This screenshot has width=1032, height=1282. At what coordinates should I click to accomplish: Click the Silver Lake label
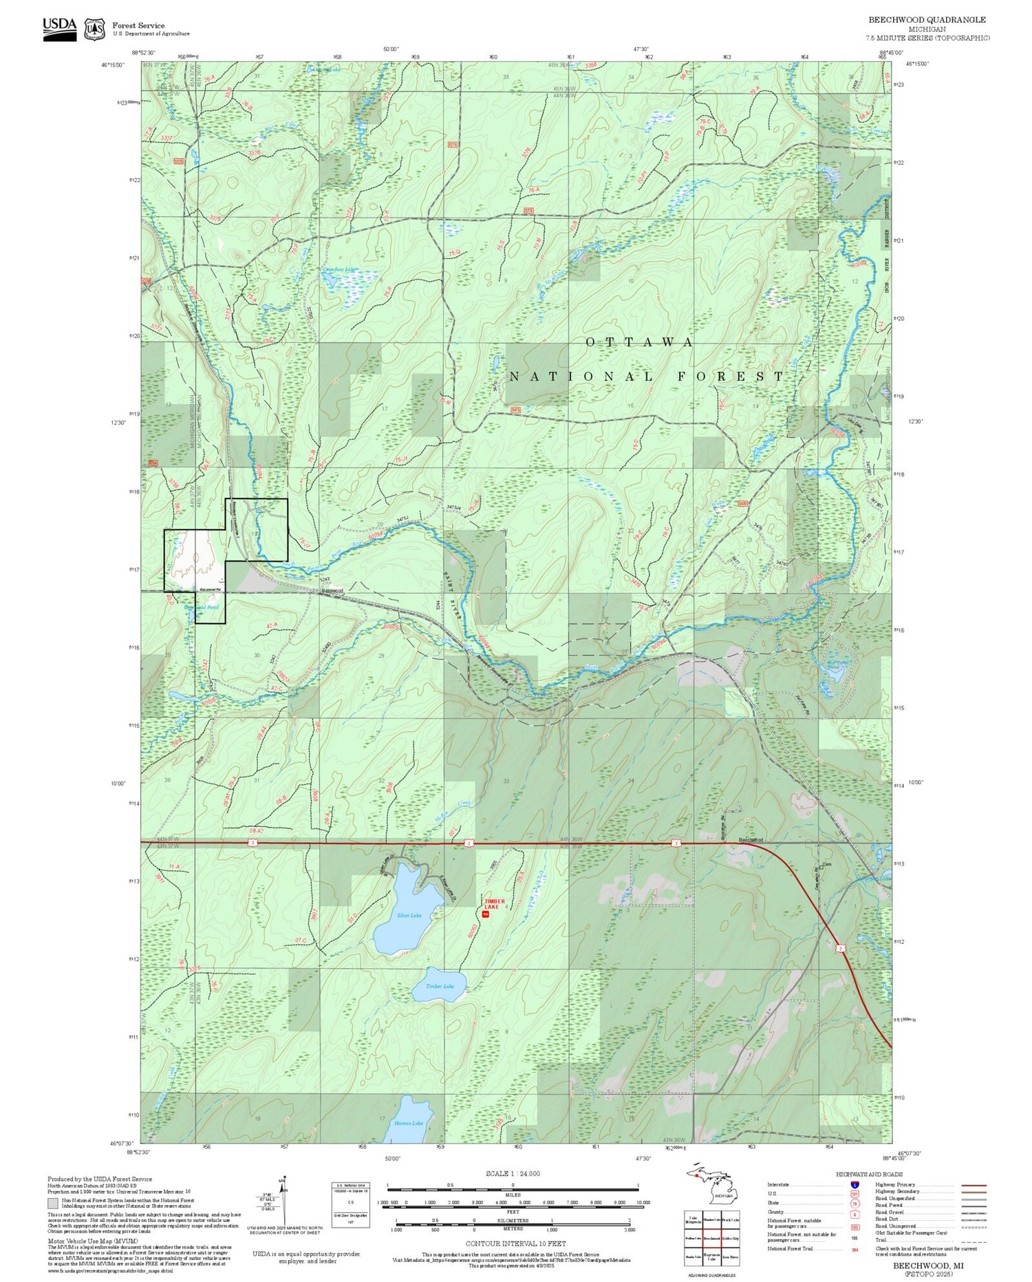tap(409, 916)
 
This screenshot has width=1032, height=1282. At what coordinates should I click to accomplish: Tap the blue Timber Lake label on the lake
tap(440, 987)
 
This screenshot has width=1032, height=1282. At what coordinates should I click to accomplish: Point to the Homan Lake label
tap(409, 1123)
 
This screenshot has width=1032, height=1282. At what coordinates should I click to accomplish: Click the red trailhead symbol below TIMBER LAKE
tap(485, 914)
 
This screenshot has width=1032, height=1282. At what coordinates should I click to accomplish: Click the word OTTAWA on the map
tap(639, 342)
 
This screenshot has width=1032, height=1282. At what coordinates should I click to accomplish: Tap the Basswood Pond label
tap(202, 608)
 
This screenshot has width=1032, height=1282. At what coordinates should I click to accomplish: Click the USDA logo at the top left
tap(60, 28)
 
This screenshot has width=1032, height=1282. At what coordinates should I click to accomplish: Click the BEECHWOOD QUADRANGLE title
tap(927, 20)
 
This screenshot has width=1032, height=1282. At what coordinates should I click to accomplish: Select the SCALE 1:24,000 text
tap(513, 1174)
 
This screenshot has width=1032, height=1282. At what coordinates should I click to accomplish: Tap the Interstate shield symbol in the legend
tap(855, 1184)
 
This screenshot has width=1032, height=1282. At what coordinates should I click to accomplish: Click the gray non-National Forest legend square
tap(52, 1204)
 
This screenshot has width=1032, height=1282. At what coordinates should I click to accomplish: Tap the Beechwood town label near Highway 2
tap(751, 840)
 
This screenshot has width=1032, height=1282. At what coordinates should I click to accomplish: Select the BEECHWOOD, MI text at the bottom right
tap(927, 1265)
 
